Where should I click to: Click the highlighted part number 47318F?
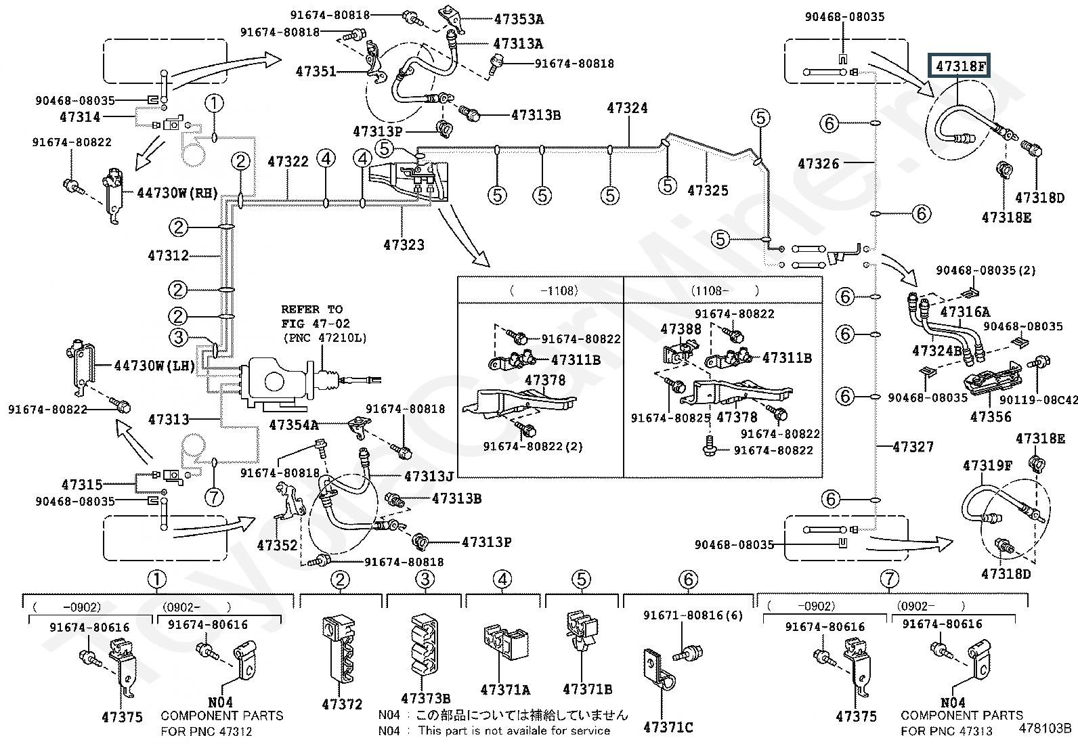pyautogui.click(x=960, y=66)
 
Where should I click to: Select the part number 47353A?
pyautogui.click(x=519, y=19)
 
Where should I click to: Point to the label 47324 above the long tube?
pyautogui.click(x=627, y=108)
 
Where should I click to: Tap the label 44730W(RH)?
pyautogui.click(x=177, y=193)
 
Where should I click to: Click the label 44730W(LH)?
pyautogui.click(x=155, y=366)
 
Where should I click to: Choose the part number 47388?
pyautogui.click(x=681, y=329)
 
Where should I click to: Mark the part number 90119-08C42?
pyautogui.click(x=1039, y=399)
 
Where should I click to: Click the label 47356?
pyautogui.click(x=991, y=417)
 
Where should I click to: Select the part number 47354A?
pyautogui.click(x=294, y=425)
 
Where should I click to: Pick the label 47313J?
pyautogui.click(x=429, y=477)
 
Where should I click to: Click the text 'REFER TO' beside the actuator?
pyautogui.click(x=312, y=309)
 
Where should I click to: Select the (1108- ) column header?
pyautogui.click(x=725, y=290)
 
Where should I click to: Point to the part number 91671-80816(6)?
pyautogui.click(x=693, y=615)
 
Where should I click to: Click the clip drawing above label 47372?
pyautogui.click(x=339, y=648)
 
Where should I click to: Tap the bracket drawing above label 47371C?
pyautogui.click(x=658, y=669)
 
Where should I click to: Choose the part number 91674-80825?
pyautogui.click(x=670, y=418)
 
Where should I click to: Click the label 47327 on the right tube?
pyautogui.click(x=913, y=447)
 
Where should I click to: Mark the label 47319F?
pyautogui.click(x=987, y=465)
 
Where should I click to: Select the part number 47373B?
pyautogui.click(x=425, y=698)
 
